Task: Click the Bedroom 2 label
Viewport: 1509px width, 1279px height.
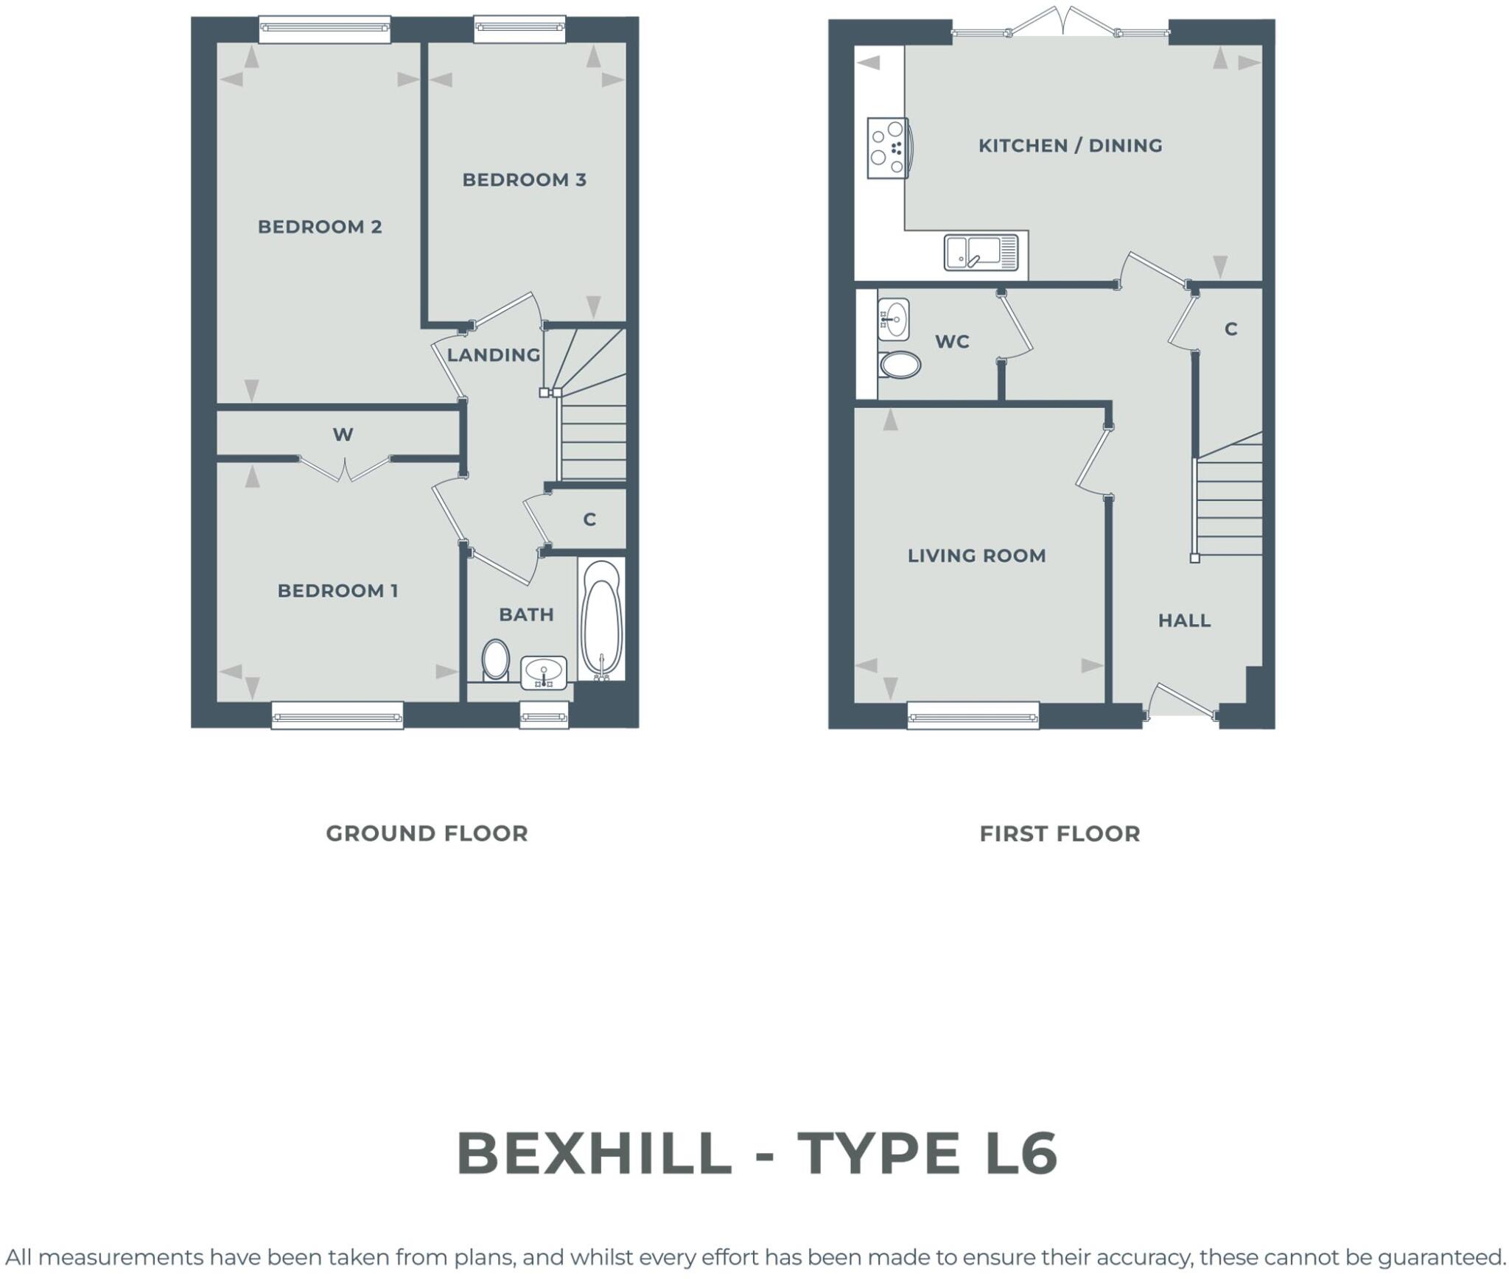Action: [x=320, y=227]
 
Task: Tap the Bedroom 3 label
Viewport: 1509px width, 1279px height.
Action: [x=524, y=180]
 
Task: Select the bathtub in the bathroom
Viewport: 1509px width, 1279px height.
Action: [x=602, y=619]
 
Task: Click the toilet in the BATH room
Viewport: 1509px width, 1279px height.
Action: [x=496, y=659]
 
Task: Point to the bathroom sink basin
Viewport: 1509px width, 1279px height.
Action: [x=544, y=672]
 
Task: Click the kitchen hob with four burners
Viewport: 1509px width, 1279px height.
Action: [x=887, y=148]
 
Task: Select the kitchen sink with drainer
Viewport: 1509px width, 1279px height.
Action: [x=981, y=252]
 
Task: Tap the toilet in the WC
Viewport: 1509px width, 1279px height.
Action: [x=900, y=364]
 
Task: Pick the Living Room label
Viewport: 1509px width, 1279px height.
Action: [x=976, y=556]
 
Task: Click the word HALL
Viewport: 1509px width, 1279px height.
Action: [x=1184, y=620]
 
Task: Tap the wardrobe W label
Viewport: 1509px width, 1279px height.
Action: [x=343, y=435]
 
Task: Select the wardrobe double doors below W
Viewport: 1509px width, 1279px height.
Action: [x=344, y=469]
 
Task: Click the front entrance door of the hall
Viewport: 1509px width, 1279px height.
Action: [x=1183, y=701]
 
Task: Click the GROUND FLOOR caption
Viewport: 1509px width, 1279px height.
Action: [x=427, y=833]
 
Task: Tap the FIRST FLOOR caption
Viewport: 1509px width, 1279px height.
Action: [x=1060, y=833]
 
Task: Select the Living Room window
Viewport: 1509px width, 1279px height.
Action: [x=973, y=715]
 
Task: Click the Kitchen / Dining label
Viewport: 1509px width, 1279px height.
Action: [x=1070, y=146]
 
